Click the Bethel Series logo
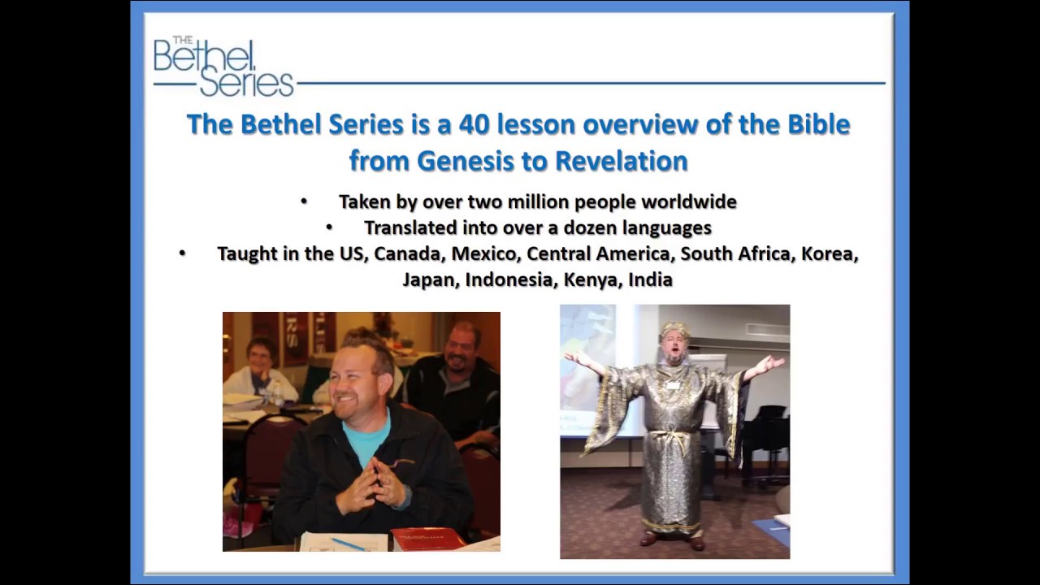(x=223, y=67)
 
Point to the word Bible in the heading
(x=819, y=124)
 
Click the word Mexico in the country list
(x=484, y=253)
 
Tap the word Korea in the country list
(x=829, y=253)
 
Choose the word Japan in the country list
(x=430, y=279)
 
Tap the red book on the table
(x=427, y=537)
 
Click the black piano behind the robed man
(x=764, y=439)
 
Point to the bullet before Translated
(x=330, y=227)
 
